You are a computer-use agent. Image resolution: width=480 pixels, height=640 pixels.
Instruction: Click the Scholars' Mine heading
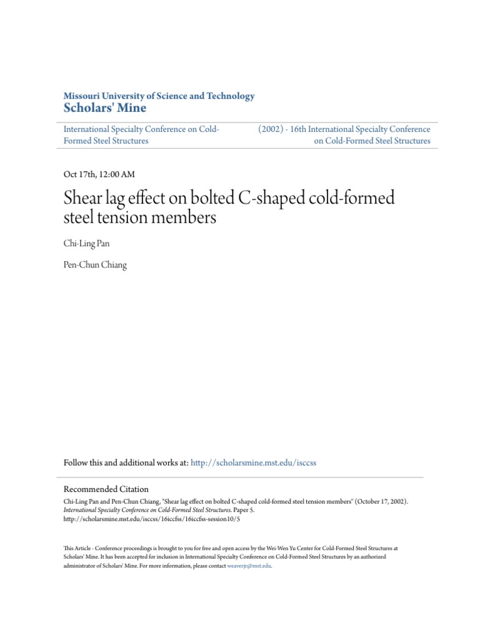click(105, 108)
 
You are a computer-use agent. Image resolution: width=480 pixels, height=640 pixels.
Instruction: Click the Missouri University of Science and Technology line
click(159, 96)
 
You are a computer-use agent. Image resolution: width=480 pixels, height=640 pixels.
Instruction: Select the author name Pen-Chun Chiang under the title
click(95, 265)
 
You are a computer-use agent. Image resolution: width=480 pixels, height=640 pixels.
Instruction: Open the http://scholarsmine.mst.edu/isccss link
click(254, 462)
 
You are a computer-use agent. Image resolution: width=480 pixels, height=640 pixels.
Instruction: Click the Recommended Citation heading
click(106, 489)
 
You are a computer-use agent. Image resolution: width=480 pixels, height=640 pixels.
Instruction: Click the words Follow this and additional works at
click(126, 462)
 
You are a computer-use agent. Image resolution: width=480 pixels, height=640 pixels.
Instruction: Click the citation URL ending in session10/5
click(152, 519)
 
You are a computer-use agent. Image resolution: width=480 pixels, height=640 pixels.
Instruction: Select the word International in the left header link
click(89, 129)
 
